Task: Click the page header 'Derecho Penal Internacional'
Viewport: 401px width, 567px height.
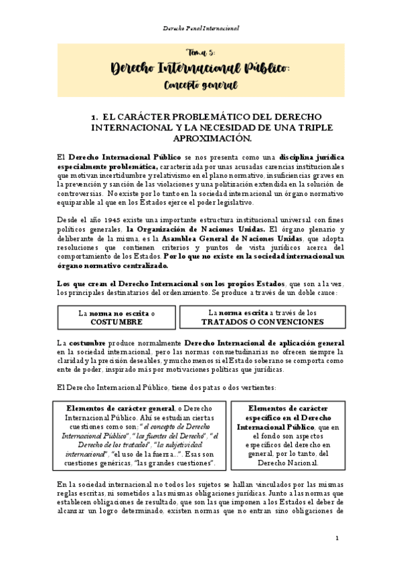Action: tap(201, 29)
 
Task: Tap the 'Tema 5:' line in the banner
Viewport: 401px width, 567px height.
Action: tap(200, 52)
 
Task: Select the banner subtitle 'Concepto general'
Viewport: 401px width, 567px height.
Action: tap(200, 86)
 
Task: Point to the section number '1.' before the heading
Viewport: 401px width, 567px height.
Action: tap(95, 117)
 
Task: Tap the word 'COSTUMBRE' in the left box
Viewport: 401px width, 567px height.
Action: tap(116, 322)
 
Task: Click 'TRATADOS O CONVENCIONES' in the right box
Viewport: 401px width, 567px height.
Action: tap(262, 322)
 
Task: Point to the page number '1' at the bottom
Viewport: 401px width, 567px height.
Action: tap(337, 538)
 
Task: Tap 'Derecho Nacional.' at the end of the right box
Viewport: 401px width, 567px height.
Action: tap(286, 462)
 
